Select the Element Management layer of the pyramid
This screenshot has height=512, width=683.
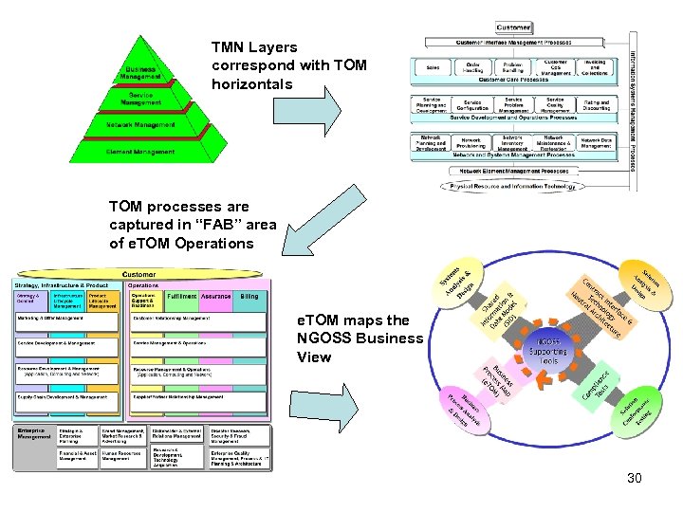pyautogui.click(x=141, y=151)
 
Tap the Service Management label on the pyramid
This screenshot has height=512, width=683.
pyautogui.click(x=141, y=99)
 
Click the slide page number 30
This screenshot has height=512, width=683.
pyautogui.click(x=634, y=478)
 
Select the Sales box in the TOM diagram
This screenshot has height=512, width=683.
pyautogui.click(x=433, y=68)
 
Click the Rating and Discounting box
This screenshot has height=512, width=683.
pyautogui.click(x=596, y=104)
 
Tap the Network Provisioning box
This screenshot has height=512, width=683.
pyautogui.click(x=471, y=143)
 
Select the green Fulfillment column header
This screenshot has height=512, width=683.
pyautogui.click(x=181, y=297)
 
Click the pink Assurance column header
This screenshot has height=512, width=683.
pyautogui.click(x=217, y=297)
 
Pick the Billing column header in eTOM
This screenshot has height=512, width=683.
pyautogui.click(x=249, y=297)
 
